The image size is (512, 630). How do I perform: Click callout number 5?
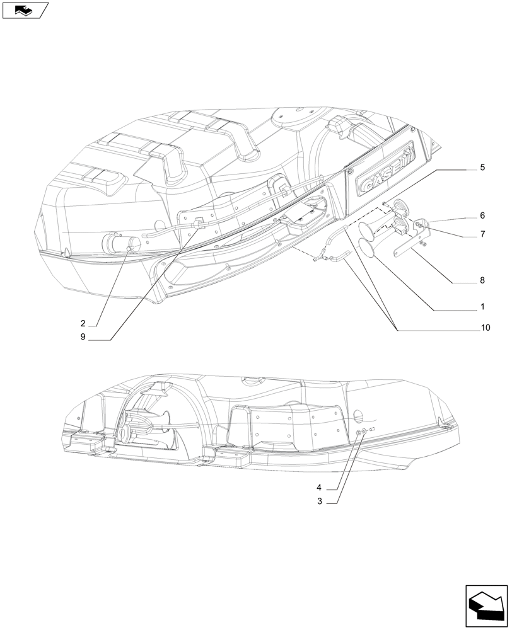[x=482, y=168]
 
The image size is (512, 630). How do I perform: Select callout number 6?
[x=482, y=215]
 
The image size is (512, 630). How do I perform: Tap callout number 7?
[x=482, y=234]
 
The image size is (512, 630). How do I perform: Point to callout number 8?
[x=482, y=280]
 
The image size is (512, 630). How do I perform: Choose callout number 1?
[x=482, y=307]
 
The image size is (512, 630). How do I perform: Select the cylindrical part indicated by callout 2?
[x=120, y=242]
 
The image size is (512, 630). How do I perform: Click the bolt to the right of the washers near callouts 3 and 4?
[x=373, y=430]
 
